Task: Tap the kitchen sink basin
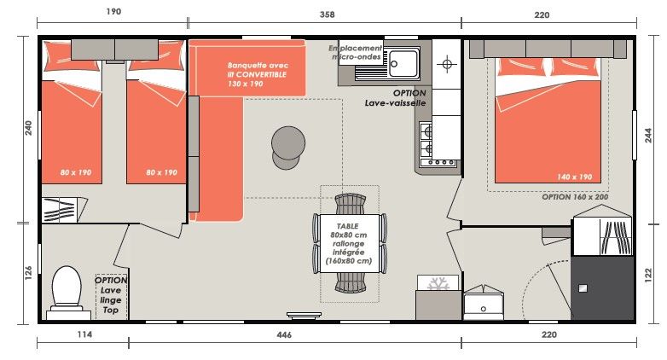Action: (x=403, y=64)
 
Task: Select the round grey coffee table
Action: (x=288, y=148)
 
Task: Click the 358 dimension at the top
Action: (x=328, y=15)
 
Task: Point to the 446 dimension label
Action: (x=284, y=335)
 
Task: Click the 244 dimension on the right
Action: (x=648, y=135)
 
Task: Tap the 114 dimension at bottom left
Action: (x=84, y=334)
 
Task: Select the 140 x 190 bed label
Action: (x=574, y=177)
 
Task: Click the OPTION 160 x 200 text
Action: (x=575, y=197)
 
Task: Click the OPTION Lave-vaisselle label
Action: (x=396, y=98)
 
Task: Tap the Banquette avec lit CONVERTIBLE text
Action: (x=258, y=74)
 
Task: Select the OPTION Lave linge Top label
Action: (x=111, y=295)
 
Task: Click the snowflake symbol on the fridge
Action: (x=438, y=283)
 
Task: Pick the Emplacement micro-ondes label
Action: (x=356, y=52)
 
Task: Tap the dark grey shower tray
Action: (x=601, y=287)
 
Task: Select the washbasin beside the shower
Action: (x=484, y=303)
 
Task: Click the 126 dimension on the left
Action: (x=28, y=273)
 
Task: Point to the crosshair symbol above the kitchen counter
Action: (x=447, y=64)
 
